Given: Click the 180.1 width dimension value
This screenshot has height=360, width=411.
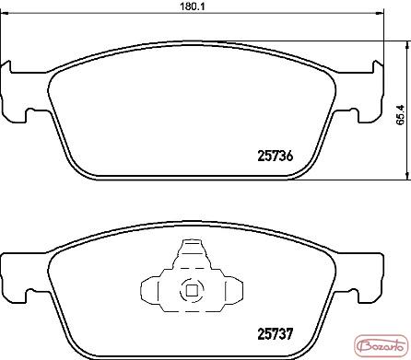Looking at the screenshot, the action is click(x=192, y=6).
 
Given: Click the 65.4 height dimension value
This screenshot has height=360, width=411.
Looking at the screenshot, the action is click(x=401, y=115).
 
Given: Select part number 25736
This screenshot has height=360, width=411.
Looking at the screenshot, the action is click(x=276, y=157).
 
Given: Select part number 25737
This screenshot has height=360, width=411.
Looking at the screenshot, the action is click(x=276, y=333).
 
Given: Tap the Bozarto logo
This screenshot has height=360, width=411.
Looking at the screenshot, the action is click(x=381, y=347).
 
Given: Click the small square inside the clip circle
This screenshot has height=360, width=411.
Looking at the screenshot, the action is click(x=192, y=290).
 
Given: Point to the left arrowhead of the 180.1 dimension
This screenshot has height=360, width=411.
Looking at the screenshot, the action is click(x=4, y=14).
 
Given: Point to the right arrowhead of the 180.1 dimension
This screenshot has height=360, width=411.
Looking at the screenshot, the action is click(x=381, y=14).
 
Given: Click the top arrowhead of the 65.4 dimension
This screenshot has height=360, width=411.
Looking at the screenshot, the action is click(x=407, y=45).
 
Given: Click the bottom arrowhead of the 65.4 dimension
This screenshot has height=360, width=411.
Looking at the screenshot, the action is click(x=407, y=176).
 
